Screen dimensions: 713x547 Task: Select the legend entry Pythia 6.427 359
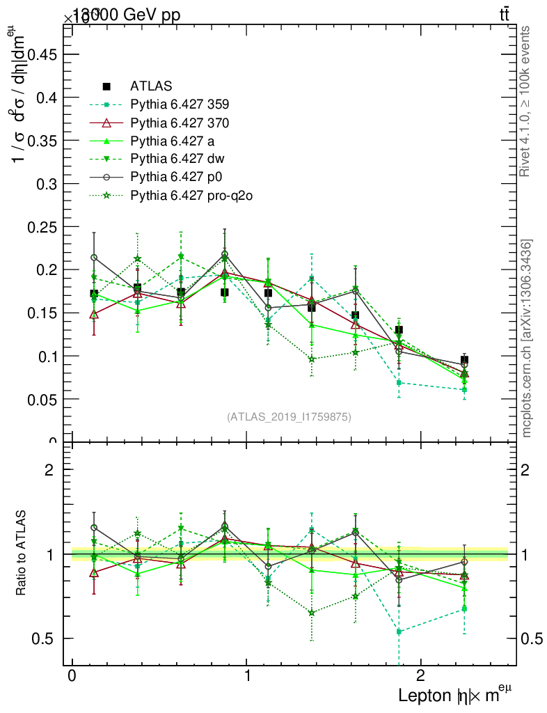click(x=179, y=105)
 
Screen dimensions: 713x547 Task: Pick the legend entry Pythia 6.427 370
click(x=179, y=123)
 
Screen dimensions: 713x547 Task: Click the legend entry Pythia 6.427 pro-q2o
click(x=191, y=196)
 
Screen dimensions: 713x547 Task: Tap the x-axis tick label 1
click(x=246, y=677)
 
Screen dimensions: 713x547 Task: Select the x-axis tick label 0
click(x=72, y=677)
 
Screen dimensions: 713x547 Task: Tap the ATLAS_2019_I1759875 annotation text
click(x=289, y=417)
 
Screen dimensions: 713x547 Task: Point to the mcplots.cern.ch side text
click(x=527, y=338)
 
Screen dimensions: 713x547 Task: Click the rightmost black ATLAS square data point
click(x=464, y=360)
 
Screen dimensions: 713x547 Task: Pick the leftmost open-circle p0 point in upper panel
click(x=94, y=258)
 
